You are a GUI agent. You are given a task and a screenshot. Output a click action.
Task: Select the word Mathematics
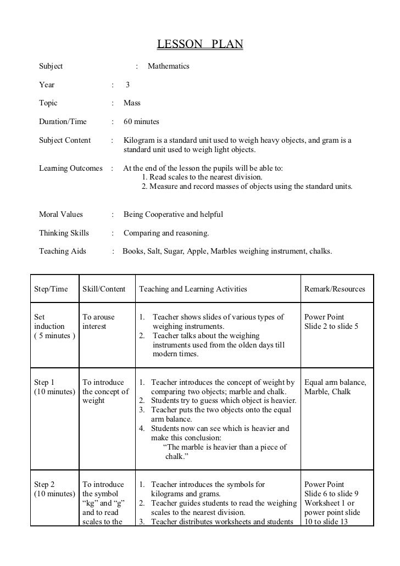coord(168,66)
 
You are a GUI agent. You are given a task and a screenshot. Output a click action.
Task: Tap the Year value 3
coord(127,85)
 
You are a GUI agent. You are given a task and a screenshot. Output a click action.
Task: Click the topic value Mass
coord(132,103)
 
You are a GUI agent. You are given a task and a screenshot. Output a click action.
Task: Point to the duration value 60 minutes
coord(142,121)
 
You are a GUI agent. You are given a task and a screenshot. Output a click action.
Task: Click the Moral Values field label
coord(64,214)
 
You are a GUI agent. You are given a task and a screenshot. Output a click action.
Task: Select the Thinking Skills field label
coord(64,233)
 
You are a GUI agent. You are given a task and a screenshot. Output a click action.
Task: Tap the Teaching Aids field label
coord(63,251)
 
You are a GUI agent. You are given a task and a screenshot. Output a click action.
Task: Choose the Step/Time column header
coord(52,289)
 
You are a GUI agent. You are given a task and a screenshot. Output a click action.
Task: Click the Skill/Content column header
coord(104,289)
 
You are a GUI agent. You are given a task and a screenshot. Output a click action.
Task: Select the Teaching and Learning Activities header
coord(193,289)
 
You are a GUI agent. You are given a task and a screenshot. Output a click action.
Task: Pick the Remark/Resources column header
coord(334,289)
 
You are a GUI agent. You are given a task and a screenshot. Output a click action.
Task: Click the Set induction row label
coord(49,326)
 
